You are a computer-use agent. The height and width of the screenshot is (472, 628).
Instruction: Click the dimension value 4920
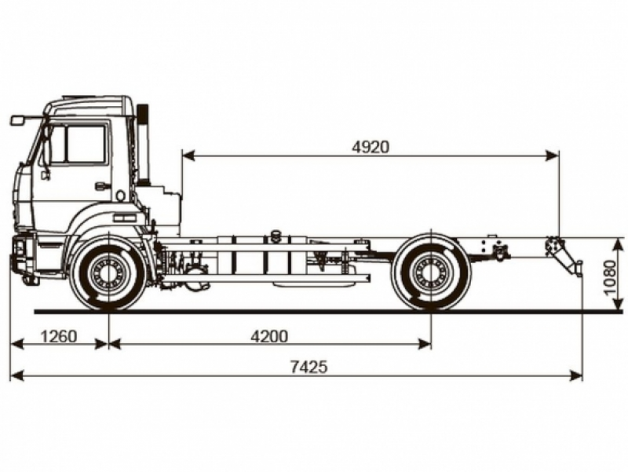(371, 147)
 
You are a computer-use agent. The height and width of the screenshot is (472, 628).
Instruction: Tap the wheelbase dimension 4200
(269, 336)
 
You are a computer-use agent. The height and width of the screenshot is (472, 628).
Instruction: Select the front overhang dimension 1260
(58, 336)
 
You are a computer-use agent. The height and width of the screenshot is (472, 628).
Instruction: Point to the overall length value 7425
(307, 368)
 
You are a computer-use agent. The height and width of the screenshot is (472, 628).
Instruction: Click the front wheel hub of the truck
(108, 274)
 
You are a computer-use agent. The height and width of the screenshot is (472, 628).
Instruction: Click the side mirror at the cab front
(18, 120)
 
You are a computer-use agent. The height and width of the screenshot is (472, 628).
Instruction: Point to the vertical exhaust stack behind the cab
(143, 145)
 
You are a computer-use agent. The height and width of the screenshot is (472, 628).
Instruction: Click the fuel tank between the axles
(251, 256)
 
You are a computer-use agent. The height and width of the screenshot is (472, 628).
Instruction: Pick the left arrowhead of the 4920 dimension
(185, 156)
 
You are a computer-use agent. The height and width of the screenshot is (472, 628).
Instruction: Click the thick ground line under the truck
(314, 312)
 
